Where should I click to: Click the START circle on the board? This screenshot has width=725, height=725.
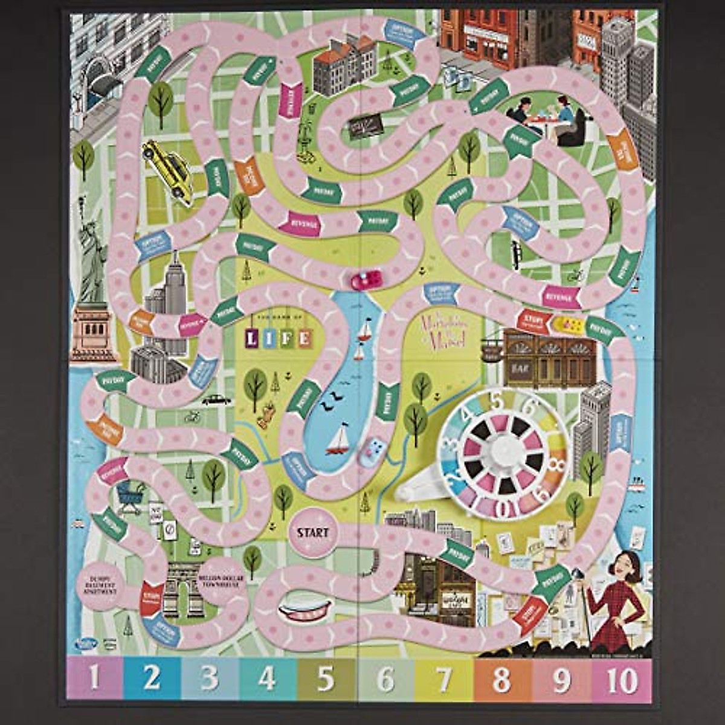[312, 532]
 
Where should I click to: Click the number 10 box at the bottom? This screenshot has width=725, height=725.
[622, 680]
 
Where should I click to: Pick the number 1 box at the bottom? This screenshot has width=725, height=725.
[94, 680]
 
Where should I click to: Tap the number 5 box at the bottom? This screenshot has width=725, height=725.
[327, 680]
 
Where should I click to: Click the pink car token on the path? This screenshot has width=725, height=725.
[366, 280]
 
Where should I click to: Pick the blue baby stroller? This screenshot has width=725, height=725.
[130, 497]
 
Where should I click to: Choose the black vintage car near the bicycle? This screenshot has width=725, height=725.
[216, 400]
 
